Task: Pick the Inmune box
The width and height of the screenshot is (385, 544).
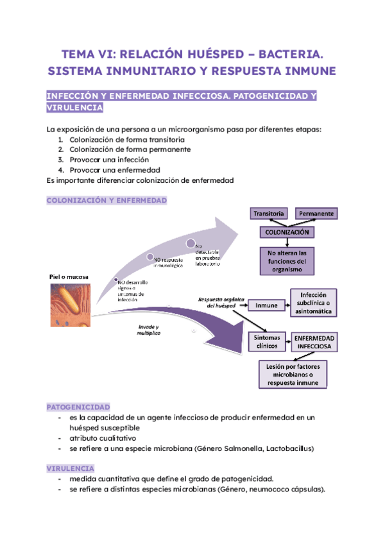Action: click(266, 305)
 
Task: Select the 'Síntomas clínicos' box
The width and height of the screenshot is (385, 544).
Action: click(266, 341)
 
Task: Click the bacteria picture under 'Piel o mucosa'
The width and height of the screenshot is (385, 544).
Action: click(69, 305)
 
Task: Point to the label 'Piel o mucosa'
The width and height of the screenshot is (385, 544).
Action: click(69, 277)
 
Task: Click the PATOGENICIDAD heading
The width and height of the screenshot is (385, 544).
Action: click(78, 407)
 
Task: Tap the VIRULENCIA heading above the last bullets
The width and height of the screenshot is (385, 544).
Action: click(71, 468)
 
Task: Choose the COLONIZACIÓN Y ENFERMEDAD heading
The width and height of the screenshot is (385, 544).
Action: click(107, 201)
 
